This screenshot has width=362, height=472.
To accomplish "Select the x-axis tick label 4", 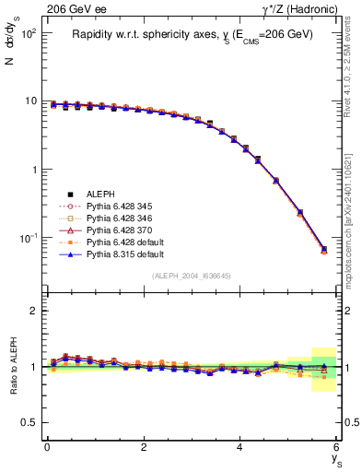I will [x=240, y=447].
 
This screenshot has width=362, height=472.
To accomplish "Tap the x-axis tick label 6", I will [x=336, y=447].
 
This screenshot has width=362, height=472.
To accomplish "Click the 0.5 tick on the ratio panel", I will [x=29, y=422].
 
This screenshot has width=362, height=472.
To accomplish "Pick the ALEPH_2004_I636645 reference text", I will [x=192, y=277].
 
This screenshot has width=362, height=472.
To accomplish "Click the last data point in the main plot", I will [x=323, y=249].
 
